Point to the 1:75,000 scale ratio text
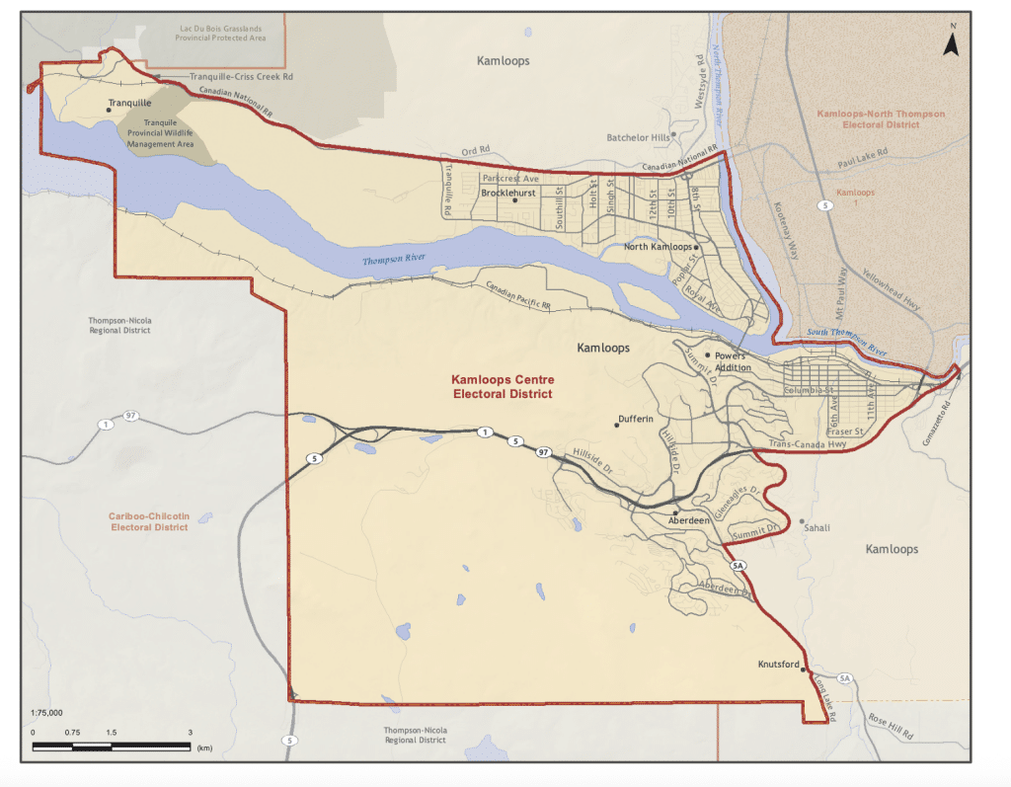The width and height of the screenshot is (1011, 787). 46,712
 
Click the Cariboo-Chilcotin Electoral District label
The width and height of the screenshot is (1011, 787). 149,521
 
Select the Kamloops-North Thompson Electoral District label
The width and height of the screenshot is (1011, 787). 880,119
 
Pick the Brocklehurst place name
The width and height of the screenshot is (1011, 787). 507,194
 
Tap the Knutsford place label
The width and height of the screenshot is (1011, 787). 778,665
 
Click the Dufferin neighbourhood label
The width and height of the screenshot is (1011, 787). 636,419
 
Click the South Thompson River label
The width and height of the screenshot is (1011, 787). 846,343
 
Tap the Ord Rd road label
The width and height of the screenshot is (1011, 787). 475,153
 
